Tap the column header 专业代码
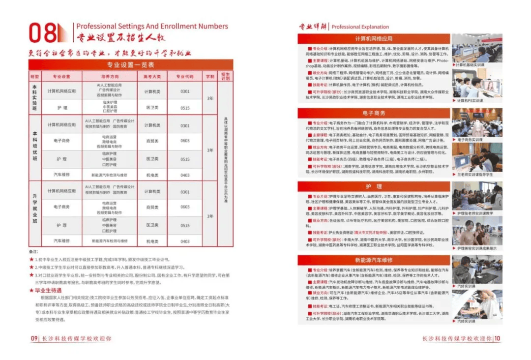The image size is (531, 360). [x=184, y=77]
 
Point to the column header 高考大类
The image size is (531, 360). [x=152, y=77]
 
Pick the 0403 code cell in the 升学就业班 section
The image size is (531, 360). [x=184, y=241]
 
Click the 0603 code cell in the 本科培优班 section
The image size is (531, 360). [x=184, y=141]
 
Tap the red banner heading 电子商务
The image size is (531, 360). [x=374, y=113]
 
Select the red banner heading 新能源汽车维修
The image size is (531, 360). [x=374, y=260]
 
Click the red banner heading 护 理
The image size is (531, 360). [x=374, y=186]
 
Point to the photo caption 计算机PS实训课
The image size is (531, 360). [x=471, y=101]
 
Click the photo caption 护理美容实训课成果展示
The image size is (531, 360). [x=477, y=248]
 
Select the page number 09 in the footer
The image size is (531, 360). [x=34, y=338]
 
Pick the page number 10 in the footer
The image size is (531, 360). [x=498, y=338]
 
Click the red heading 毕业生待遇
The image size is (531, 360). [x=47, y=291]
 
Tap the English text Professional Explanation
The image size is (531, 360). [x=360, y=27]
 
